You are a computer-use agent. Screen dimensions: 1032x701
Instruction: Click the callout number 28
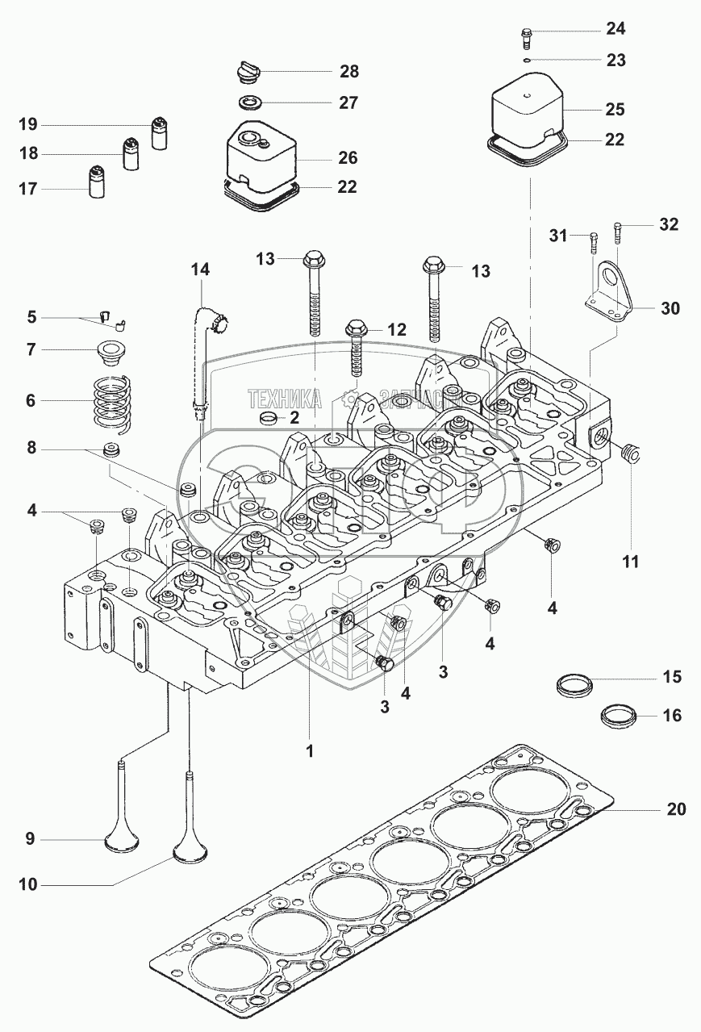click(x=348, y=72)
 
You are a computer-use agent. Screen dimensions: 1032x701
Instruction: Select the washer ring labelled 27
click(x=252, y=102)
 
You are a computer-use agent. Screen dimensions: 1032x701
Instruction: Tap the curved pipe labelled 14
click(x=204, y=339)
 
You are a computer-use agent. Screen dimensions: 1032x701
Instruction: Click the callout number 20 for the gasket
click(x=676, y=808)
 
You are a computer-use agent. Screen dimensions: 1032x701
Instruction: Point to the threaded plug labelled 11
click(x=630, y=455)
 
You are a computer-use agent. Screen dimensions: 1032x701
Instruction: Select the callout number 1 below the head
click(x=309, y=750)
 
